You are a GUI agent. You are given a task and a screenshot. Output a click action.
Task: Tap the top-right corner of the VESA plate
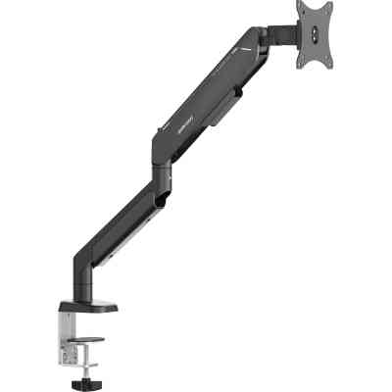tap(329, 3)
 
